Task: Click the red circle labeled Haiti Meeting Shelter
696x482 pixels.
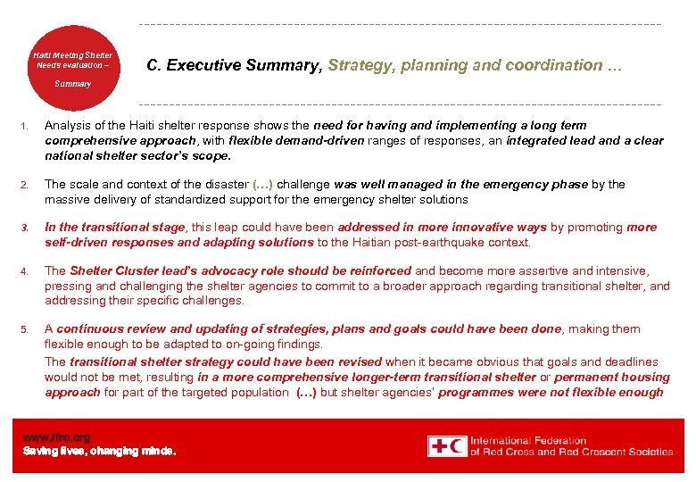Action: [x=73, y=67]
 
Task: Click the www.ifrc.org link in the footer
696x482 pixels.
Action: [x=56, y=437]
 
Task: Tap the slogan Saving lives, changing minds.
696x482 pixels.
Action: [x=99, y=451]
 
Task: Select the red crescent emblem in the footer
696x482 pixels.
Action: [x=457, y=446]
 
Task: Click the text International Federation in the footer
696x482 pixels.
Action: [x=528, y=440]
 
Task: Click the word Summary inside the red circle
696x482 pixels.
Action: [x=72, y=84]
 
